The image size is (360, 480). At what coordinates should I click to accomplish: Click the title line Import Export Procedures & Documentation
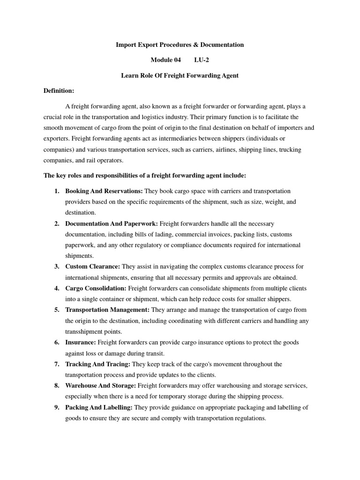coord(180,45)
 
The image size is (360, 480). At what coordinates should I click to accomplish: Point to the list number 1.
coord(57,191)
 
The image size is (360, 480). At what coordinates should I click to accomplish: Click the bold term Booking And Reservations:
coord(104,191)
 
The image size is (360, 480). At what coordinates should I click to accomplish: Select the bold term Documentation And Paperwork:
coord(112,224)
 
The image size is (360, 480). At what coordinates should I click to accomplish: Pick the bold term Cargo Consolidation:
coord(96,288)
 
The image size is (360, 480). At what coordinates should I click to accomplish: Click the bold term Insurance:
coord(81,343)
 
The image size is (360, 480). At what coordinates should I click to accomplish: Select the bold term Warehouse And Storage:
coord(100,386)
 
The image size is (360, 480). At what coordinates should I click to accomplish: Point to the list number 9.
coord(57,407)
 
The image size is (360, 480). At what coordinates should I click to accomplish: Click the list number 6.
coord(57,343)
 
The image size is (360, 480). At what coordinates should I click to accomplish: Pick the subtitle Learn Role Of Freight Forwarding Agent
coord(180,75)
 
